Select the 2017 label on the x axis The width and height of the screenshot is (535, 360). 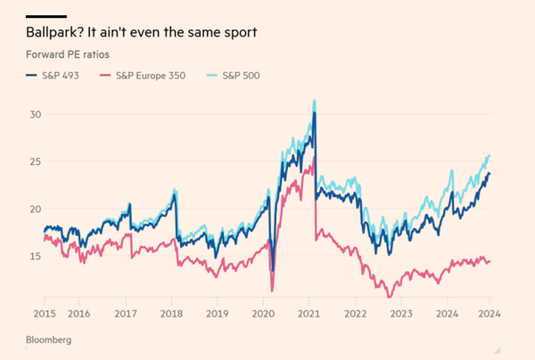click(x=125, y=314)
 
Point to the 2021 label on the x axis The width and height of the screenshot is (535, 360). click(x=309, y=314)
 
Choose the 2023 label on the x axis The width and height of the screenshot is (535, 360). click(x=401, y=314)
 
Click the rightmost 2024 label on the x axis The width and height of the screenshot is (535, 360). click(x=489, y=314)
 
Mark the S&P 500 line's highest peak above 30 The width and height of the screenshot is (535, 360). click(x=314, y=101)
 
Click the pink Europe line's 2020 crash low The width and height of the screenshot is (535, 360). click(x=272, y=290)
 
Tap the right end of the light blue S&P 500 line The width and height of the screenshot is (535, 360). click(x=490, y=155)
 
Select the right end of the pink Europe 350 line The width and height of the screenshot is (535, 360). click(x=490, y=261)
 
